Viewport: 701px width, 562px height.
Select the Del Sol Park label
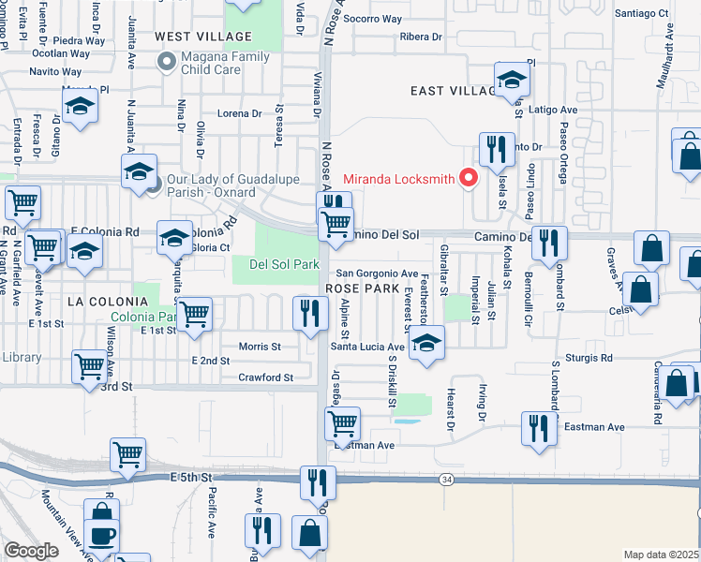(285, 265)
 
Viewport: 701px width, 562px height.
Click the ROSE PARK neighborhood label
(363, 288)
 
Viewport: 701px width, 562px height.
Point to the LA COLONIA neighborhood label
(108, 301)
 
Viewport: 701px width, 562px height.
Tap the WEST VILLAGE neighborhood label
(203, 37)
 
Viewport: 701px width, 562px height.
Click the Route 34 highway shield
(446, 480)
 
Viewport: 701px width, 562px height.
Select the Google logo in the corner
(31, 550)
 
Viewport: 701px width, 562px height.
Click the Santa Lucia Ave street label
(367, 347)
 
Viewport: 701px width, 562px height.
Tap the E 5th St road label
(194, 478)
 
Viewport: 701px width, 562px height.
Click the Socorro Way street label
(372, 19)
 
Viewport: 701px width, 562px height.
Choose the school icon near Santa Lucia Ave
(426, 345)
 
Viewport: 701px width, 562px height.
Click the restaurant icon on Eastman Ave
(537, 428)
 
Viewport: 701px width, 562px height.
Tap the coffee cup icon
(101, 537)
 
